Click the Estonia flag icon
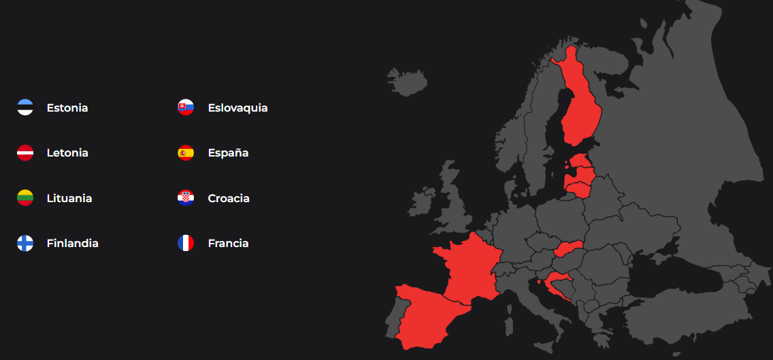point(25,108)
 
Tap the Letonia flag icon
point(25,152)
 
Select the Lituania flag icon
point(25,198)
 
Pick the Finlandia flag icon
point(25,243)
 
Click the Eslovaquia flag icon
point(186,108)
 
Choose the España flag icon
point(186,152)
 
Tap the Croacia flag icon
point(186,198)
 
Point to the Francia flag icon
point(186,243)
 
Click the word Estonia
point(67,108)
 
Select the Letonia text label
point(67,152)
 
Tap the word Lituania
point(69,198)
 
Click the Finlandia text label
point(73,243)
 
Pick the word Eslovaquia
point(237,108)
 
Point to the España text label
point(228,152)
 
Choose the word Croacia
point(229,198)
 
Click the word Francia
point(228,243)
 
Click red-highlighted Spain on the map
point(425,316)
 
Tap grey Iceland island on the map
point(407,81)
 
